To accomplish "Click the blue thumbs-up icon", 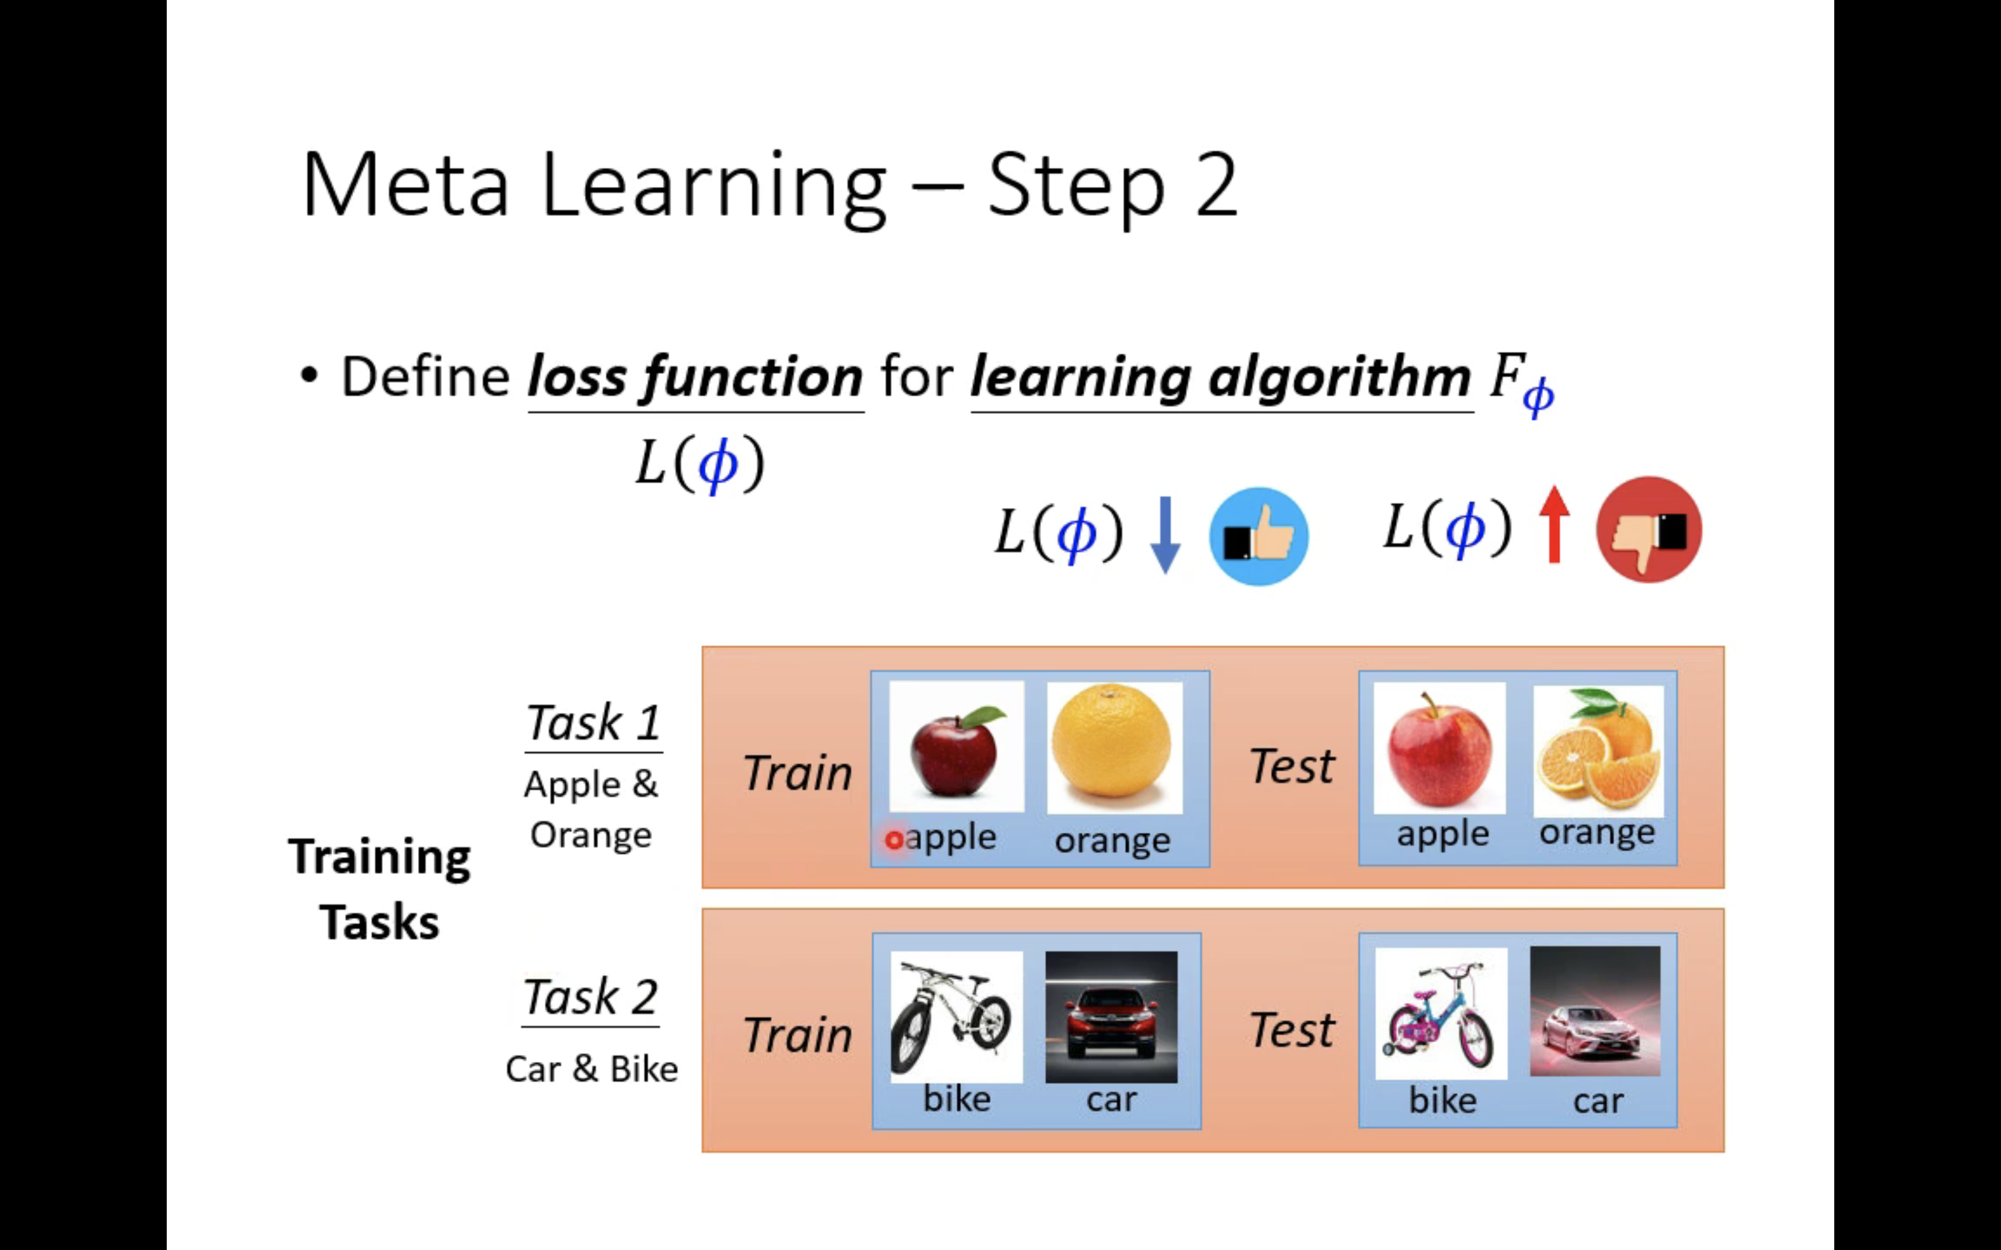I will click(1258, 536).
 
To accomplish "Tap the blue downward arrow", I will click(1165, 534).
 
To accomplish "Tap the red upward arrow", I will click(1554, 525).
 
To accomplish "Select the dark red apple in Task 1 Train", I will click(956, 748).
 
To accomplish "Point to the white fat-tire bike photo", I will click(955, 1017).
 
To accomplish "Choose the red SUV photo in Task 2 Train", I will click(1111, 1017).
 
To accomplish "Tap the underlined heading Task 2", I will click(590, 998).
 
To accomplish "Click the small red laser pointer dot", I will click(893, 840).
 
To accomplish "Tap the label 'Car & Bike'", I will click(591, 1070).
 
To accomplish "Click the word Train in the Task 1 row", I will click(797, 774).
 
